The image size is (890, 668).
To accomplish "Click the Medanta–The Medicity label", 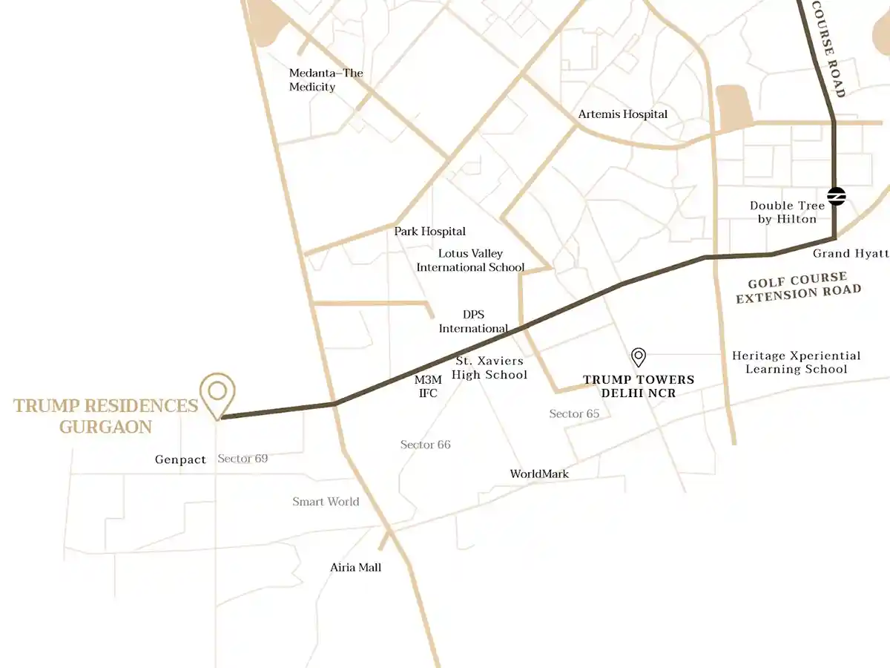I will point(326,80).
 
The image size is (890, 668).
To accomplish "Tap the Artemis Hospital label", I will point(622,114).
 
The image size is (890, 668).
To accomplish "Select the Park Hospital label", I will point(429,232).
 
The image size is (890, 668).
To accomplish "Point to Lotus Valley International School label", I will point(470,261).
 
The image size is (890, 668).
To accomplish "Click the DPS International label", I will point(473,321).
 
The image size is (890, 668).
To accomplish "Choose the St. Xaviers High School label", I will point(489,368).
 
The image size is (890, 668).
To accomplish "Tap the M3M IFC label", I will point(428,386).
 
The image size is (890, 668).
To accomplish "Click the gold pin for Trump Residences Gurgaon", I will point(217,391).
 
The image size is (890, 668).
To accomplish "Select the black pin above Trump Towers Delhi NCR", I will point(639,357).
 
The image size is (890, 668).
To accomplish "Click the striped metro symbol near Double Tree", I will point(836,196).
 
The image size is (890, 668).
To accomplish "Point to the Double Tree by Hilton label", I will point(786,212).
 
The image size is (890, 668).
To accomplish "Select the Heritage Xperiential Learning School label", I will point(796,362).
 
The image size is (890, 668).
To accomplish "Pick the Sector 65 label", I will point(574,413).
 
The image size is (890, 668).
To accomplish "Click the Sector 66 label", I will point(425,445).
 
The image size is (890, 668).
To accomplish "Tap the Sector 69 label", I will point(243,459).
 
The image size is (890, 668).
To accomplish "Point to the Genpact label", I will point(180,459).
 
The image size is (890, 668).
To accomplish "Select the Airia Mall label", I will point(355,567).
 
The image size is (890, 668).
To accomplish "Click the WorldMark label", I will point(539,474).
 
